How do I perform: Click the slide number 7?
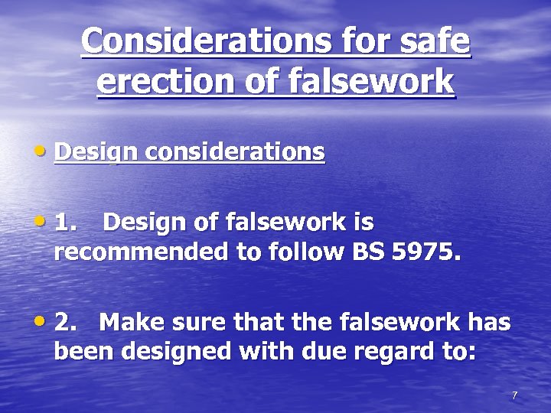[x=514, y=395]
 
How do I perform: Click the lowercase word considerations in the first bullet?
[x=235, y=152]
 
